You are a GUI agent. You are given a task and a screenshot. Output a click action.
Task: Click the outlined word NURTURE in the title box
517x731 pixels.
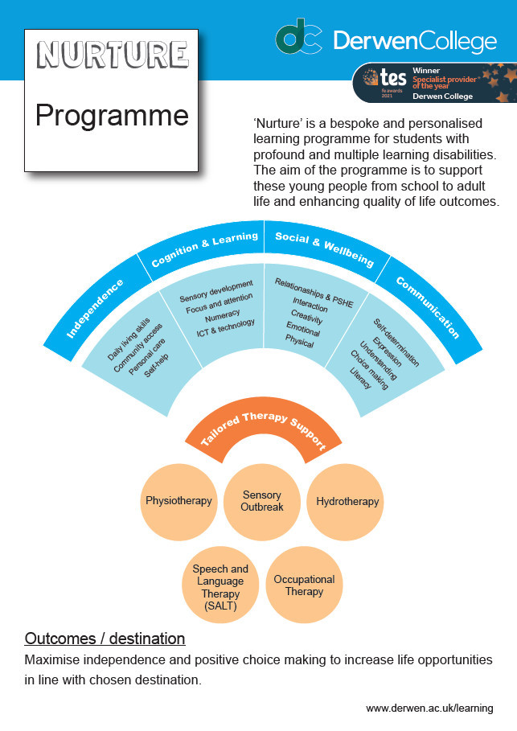[113, 55]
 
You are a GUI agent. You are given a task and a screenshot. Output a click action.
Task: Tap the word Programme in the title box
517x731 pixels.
[112, 116]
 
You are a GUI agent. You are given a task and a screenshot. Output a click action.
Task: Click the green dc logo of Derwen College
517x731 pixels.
[298, 36]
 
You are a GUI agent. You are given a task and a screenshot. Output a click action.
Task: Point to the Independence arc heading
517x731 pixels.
[95, 308]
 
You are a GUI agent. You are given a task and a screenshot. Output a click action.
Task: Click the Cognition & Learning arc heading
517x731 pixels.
[205, 248]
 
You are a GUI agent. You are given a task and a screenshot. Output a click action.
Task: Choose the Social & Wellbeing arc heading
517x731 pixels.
[325, 249]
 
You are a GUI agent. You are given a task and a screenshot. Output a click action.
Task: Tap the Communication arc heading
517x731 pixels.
[428, 306]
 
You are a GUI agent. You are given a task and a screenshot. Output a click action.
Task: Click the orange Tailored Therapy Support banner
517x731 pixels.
[264, 430]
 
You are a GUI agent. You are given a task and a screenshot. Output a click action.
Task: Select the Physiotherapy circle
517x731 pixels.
[179, 502]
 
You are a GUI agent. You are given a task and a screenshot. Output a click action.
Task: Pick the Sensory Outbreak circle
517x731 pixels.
[262, 502]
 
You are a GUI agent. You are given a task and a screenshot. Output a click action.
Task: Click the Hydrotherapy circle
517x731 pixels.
[345, 502]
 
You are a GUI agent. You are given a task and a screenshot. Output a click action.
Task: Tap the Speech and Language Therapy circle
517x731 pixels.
[220, 585]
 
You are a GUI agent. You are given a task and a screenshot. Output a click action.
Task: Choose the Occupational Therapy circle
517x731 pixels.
[304, 585]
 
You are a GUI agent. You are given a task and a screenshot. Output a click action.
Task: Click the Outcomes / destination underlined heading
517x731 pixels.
[105, 639]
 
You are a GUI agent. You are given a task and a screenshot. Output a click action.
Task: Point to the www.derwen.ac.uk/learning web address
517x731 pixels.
[429, 708]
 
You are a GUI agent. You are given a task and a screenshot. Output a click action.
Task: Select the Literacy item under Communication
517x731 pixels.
[360, 378]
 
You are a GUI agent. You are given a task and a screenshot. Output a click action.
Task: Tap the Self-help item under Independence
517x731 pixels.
[157, 365]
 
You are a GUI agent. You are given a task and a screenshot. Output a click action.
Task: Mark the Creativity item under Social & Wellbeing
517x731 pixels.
[307, 317]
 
